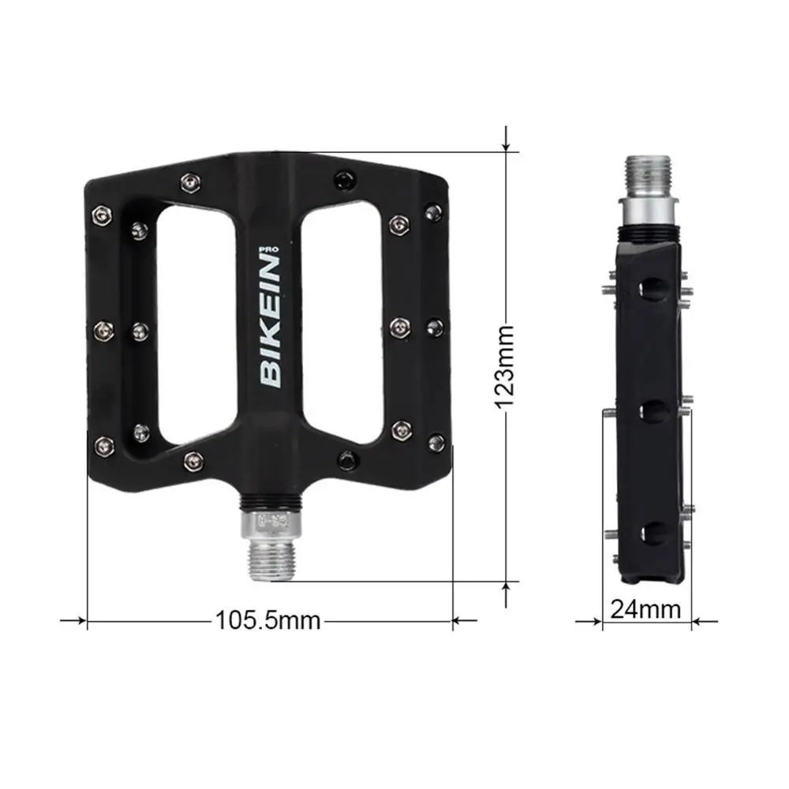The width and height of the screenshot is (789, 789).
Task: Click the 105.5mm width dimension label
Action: pos(267,620)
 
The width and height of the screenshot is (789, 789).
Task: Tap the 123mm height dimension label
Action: pos(505,367)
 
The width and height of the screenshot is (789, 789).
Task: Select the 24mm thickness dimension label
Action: pos(645,609)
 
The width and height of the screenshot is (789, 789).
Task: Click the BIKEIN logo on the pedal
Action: pos(270,322)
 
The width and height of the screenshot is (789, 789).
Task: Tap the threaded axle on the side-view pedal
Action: pos(648,176)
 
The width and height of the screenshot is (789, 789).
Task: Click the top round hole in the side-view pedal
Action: pos(653,289)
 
